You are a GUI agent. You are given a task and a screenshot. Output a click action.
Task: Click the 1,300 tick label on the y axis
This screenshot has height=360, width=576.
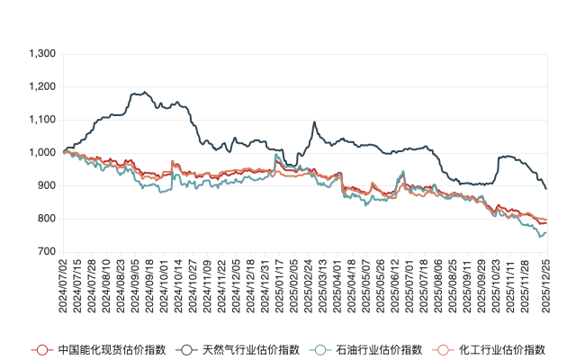pyautogui.click(x=41, y=54)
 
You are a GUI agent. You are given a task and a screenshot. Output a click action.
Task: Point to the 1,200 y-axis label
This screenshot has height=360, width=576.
pyautogui.click(x=41, y=87)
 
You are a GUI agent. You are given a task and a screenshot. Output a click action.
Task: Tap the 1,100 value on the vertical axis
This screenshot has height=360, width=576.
pyautogui.click(x=41, y=120)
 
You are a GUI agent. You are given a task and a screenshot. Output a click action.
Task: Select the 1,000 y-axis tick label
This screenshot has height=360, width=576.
pyautogui.click(x=41, y=153)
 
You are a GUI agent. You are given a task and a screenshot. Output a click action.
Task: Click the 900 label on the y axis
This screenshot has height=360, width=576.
pyautogui.click(x=46, y=186)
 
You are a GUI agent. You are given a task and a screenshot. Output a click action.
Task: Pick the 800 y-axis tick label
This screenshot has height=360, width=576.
pyautogui.click(x=46, y=219)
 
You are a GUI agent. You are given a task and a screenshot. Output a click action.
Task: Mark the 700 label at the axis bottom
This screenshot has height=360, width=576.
pyautogui.click(x=46, y=252)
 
